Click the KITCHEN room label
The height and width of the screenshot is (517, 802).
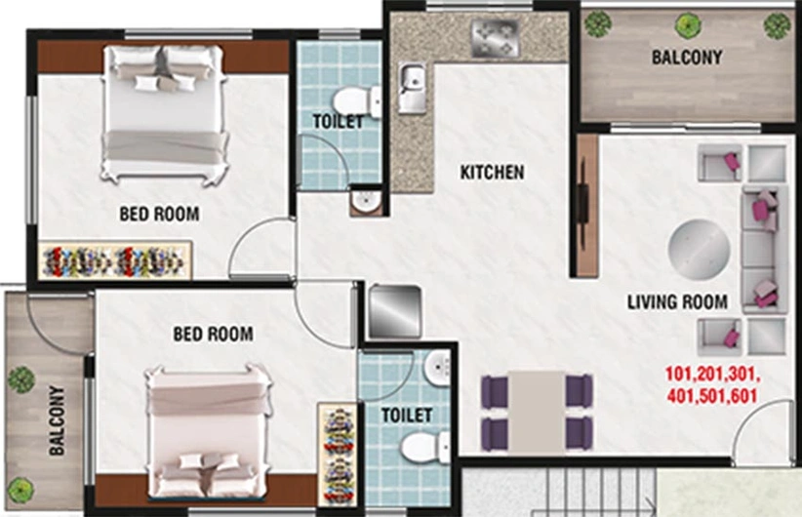tap(492, 173)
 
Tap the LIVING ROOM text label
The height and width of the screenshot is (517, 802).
tap(677, 301)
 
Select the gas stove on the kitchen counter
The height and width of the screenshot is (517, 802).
tap(495, 38)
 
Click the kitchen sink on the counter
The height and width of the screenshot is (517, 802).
tap(413, 88)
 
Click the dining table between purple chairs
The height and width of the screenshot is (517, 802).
tap(537, 413)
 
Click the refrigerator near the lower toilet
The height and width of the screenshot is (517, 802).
tap(395, 312)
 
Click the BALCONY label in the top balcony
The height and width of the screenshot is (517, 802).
tap(687, 58)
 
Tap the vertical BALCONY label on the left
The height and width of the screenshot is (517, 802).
tap(58, 420)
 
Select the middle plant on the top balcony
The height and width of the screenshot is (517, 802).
tap(689, 24)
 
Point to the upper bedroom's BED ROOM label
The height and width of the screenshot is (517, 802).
tap(159, 214)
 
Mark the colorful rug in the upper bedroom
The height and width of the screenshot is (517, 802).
tap(115, 260)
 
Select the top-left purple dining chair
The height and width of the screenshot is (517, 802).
tap(495, 392)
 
